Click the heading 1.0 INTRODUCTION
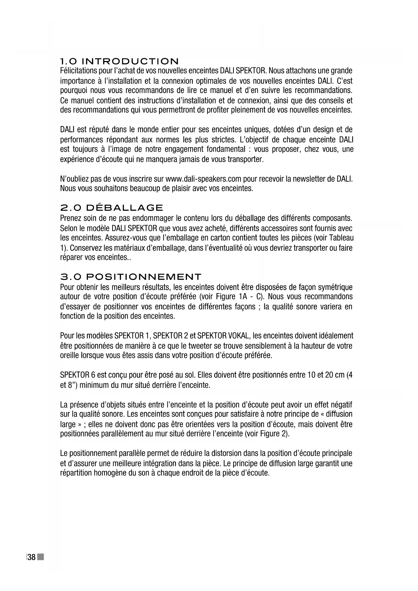coord(119,61)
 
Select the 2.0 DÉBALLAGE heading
coord(111,208)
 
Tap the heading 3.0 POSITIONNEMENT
coord(130,277)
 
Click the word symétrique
coord(335,287)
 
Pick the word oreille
coord(70,355)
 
